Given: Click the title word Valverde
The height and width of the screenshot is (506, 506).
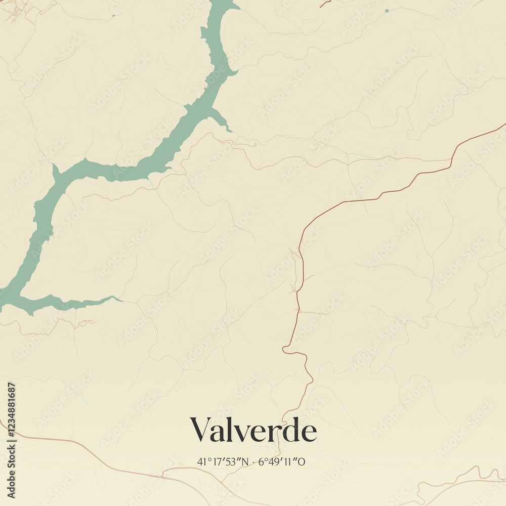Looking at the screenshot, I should pos(253,431).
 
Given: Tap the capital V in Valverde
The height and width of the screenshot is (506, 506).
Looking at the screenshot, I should pos(200,430).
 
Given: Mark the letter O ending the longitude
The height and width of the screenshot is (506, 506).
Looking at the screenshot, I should pos(302,461).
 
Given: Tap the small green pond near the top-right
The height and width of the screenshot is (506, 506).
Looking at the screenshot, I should pos(387,10).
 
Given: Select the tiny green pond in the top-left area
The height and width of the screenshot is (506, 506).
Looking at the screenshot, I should pos(113,15).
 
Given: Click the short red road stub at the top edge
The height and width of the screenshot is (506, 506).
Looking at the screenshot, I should pos(325,4).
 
